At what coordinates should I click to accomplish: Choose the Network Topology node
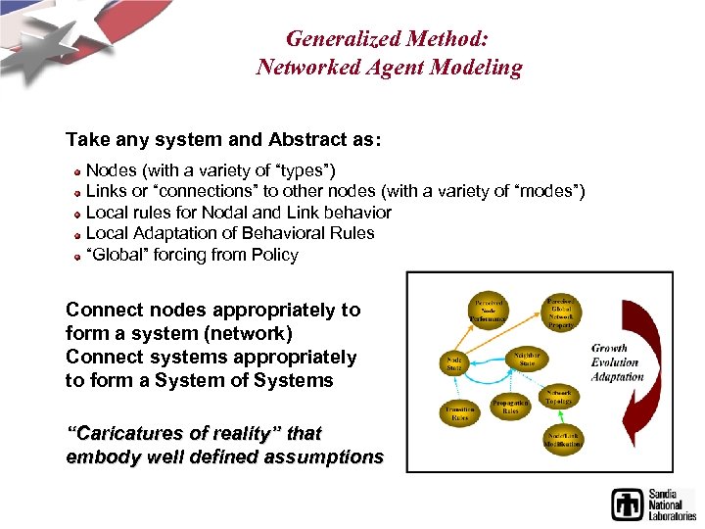pos(559,396)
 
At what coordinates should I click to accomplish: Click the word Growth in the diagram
pos(609,348)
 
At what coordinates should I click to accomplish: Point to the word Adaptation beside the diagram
pos(617,376)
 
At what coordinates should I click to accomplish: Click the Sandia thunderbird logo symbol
pos(628,505)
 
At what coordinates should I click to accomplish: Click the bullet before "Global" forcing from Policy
pos(75,256)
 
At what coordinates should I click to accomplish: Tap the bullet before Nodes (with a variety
pos(75,171)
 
